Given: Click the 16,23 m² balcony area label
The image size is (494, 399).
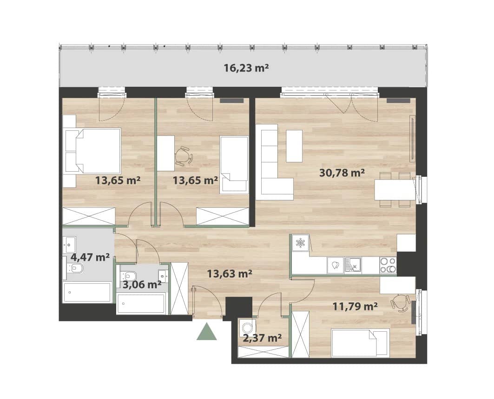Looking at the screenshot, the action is point(246,68).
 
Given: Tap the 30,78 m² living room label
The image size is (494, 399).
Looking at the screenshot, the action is point(342,173).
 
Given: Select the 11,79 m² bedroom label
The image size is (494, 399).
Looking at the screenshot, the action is point(356,306).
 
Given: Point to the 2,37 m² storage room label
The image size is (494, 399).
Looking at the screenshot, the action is point(262,338).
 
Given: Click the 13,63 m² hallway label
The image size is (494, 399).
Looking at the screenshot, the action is point(230,274).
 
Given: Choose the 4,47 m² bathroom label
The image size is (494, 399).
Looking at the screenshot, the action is point(90,257).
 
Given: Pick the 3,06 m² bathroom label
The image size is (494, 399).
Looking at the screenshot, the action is point(142,284).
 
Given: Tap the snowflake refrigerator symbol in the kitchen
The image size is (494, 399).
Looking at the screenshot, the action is point(301,243).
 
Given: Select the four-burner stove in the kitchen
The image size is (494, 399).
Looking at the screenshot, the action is point(388,265).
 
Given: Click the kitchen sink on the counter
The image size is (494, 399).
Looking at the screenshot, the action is point(353,265).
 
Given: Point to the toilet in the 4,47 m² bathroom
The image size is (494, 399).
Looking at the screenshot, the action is point(75,268).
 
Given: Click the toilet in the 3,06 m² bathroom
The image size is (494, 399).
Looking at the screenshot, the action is point(129,276).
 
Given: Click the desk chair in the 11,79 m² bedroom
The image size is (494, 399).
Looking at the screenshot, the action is point(400,303).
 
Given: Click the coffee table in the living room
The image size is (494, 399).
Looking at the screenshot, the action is point(294,146).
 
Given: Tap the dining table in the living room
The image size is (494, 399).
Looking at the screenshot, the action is point(395,190).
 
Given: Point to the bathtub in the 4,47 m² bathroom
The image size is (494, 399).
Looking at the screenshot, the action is point(87,292).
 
